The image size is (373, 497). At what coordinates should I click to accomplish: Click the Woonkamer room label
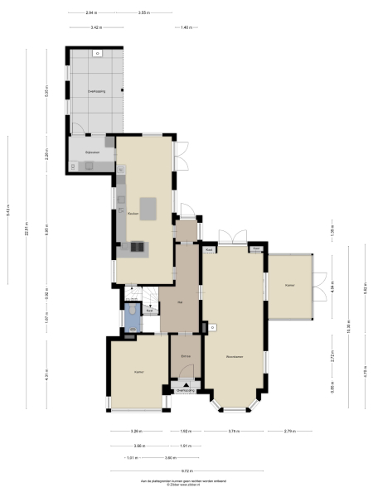coord(234,357)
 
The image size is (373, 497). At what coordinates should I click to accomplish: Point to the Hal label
coord(180,302)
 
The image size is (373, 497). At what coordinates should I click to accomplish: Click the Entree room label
coord(186,356)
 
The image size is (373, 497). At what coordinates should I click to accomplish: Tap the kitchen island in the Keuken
coord(149,209)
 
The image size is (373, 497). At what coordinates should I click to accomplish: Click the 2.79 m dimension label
coord(288,432)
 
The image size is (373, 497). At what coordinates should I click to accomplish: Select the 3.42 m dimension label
coord(96,27)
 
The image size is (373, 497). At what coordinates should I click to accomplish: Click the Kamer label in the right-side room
coord(289,285)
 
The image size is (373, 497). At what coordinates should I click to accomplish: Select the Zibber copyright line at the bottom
coord(186,486)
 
